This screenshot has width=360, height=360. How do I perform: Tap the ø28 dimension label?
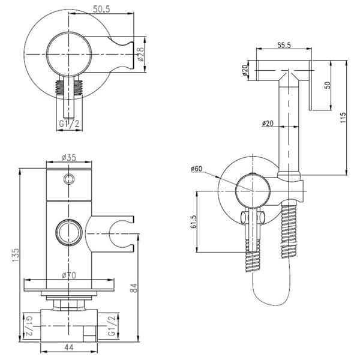(x=140, y=56)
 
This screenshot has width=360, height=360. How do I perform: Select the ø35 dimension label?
(x=70, y=158)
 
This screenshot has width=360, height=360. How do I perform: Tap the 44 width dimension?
(x=70, y=348)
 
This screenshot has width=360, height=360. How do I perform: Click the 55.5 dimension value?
(x=283, y=45)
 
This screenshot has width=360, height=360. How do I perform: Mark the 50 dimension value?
(x=327, y=85)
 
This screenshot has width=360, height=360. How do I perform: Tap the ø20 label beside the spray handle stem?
(x=268, y=124)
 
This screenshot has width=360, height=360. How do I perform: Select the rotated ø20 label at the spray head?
(x=246, y=70)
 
